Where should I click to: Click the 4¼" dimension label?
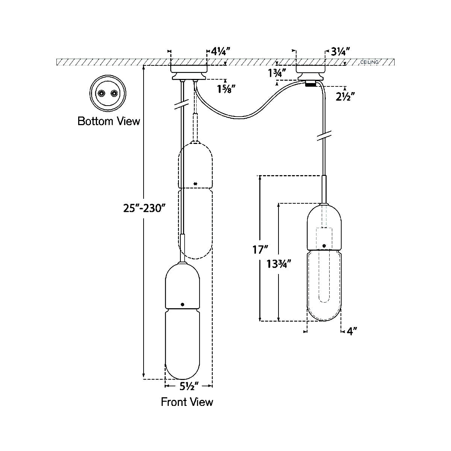pos(221,51)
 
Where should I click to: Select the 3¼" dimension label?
pos(341,52)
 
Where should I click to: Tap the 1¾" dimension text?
pos(277,73)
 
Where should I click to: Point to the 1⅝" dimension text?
pos(226,89)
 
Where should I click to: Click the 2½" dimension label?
pos(345,97)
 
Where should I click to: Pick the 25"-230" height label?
pos(144,208)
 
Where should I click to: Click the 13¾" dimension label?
pos(278,264)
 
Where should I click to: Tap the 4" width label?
pos(352,331)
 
